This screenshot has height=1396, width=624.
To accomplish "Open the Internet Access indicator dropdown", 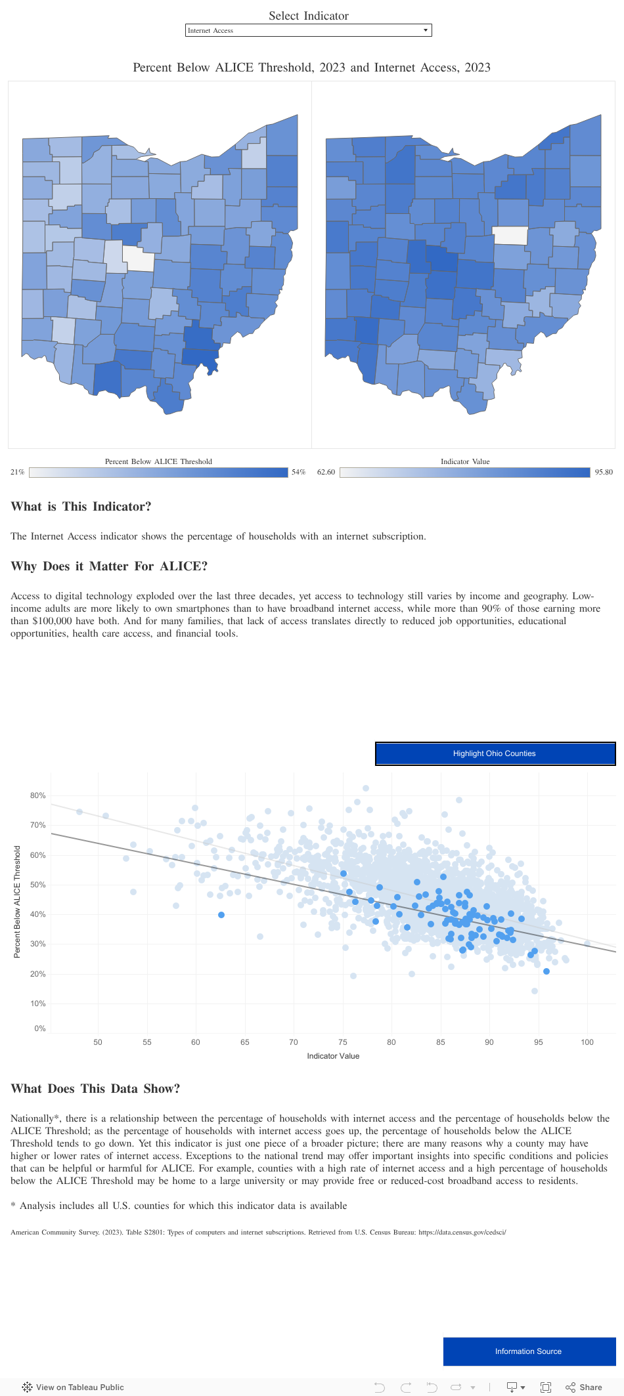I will [x=308, y=30].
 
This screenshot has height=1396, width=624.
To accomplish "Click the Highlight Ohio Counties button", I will [x=495, y=753].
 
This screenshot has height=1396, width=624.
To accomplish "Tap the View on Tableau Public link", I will [x=73, y=1387].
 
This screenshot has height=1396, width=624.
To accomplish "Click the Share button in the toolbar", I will [x=584, y=1387].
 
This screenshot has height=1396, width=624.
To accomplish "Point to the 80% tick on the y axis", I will [x=38, y=795].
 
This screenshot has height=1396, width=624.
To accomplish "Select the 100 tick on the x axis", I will [x=587, y=1042].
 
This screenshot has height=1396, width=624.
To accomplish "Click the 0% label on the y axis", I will [x=40, y=1028].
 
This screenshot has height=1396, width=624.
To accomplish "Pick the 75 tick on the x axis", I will [x=343, y=1042].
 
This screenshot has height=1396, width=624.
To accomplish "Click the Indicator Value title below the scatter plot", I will [x=333, y=1056].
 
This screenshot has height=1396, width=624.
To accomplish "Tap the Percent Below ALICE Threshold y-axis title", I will [x=17, y=901].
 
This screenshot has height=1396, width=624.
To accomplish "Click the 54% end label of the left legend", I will [x=298, y=472].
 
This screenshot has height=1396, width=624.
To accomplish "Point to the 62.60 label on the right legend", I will [x=326, y=472].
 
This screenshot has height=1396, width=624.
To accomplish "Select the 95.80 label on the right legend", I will [x=604, y=472].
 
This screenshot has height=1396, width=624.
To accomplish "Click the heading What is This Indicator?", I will [x=81, y=507].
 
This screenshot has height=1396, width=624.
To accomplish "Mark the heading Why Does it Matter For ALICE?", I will [x=109, y=566].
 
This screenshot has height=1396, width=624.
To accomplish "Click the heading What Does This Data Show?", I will [x=95, y=1089].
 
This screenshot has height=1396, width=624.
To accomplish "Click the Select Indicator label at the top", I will [x=308, y=16].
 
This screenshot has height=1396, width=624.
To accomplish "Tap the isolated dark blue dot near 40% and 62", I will [x=221, y=915].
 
